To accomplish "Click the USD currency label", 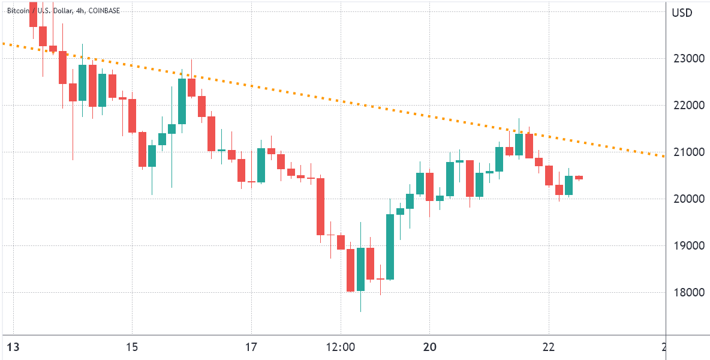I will pos(682,13).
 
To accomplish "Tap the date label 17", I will pos(251,347).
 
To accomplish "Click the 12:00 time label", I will pos(341,347).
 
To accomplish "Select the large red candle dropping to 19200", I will pos(321,206).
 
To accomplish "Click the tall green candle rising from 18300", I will pos(390,247).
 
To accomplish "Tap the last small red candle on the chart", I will pos(579,178).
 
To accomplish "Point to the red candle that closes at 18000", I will pos(350,270).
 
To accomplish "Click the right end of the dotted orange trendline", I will pos(664,157).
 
